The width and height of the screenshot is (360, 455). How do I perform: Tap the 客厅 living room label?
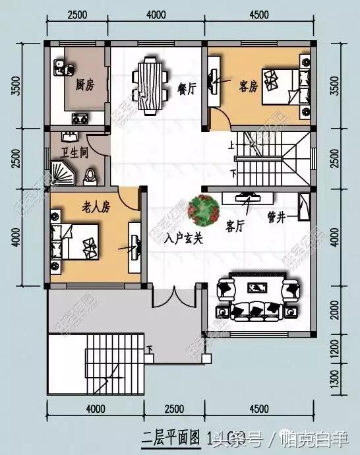click(235, 226)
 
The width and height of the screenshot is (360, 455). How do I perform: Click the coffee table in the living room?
click(256, 288)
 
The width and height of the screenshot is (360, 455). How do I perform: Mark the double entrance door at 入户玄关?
click(173, 297)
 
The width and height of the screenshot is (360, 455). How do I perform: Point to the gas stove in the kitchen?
click(80, 119)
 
